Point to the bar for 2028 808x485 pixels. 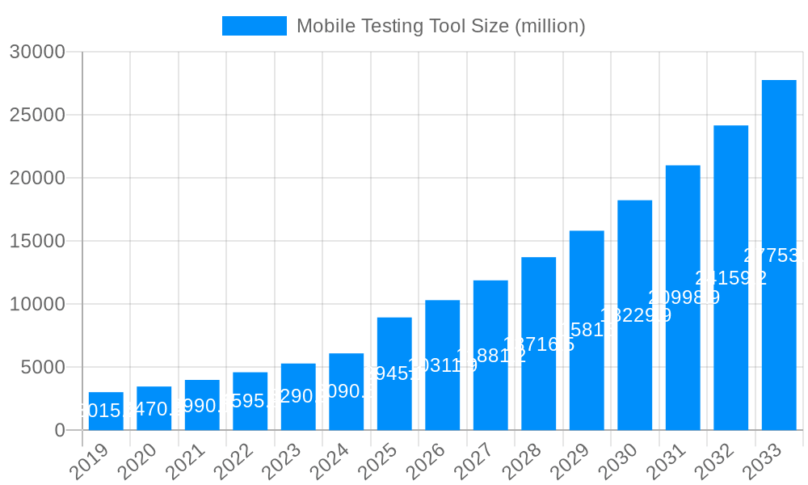pyautogui.click(x=538, y=344)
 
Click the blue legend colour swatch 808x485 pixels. pyautogui.click(x=254, y=26)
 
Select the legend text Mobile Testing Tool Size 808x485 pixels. pyautogui.click(x=440, y=26)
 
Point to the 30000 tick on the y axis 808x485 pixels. pyautogui.click(x=37, y=52)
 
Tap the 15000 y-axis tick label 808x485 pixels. pyautogui.click(x=37, y=241)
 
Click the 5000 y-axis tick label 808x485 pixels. pyautogui.click(x=42, y=367)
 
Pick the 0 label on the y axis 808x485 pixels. pyautogui.click(x=60, y=430)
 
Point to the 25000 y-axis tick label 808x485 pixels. pyautogui.click(x=37, y=115)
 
